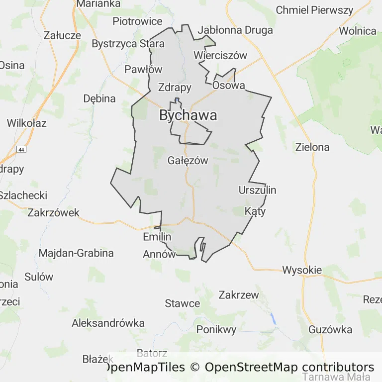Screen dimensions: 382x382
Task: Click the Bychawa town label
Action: (188, 115)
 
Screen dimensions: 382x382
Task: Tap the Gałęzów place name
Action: (188, 161)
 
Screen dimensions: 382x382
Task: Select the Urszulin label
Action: (257, 190)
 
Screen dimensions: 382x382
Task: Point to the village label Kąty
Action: (255, 211)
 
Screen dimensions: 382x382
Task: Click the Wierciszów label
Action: (220, 55)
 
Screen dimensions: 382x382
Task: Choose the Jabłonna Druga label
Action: (235, 30)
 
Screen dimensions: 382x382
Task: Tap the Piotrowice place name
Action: (137, 21)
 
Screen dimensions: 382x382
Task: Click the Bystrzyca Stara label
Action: (128, 44)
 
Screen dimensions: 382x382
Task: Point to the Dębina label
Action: (99, 98)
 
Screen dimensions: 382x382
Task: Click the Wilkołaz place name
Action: (27, 123)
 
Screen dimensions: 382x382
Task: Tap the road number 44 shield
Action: (21, 149)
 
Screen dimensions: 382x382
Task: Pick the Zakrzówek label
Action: (54, 213)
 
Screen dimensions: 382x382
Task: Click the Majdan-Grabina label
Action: (76, 253)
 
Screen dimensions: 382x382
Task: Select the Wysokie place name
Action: (302, 271)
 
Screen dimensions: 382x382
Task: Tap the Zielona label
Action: (312, 147)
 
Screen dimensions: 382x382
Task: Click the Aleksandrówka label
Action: (108, 323)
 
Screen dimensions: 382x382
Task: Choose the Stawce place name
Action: (183, 303)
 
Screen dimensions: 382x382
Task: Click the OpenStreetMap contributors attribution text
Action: (289, 368)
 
